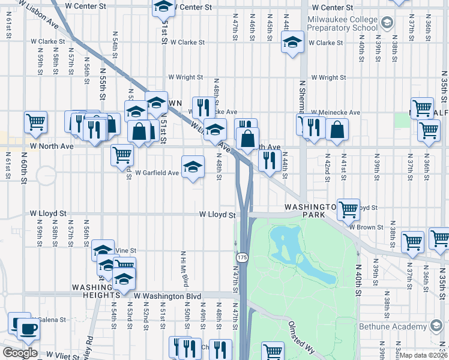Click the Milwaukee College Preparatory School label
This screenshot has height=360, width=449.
pos(342,23)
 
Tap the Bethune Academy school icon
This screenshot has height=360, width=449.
pos(437,326)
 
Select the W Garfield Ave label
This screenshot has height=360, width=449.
pos(157,173)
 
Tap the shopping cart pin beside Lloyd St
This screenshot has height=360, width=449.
pos(348,209)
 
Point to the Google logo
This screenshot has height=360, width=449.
pos(20,353)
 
